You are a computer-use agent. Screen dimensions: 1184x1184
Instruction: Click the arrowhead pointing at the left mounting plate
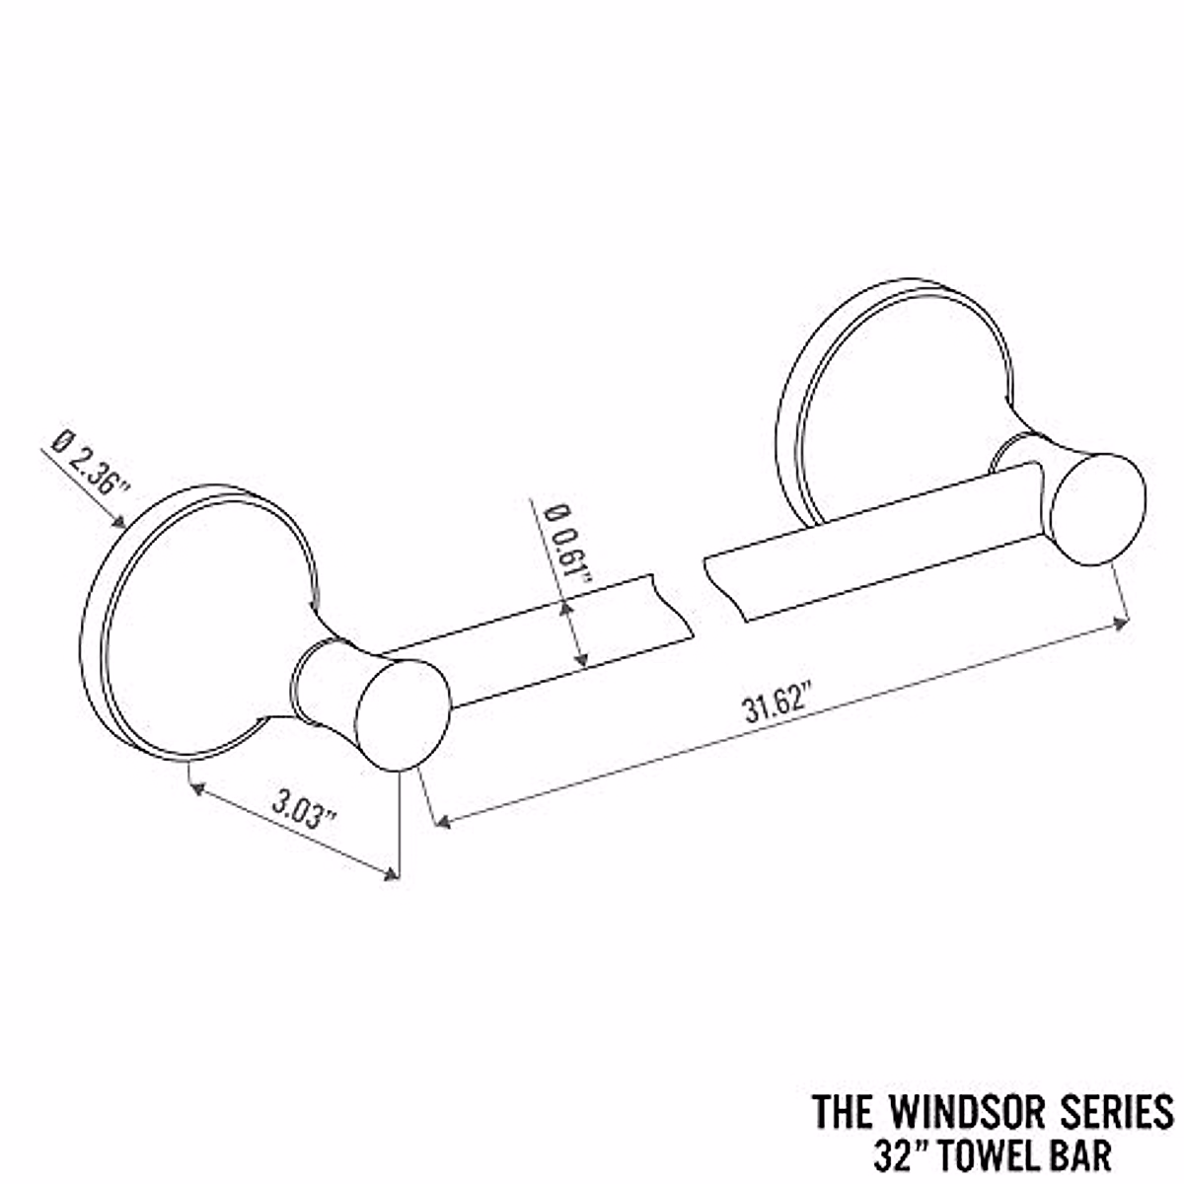(x=119, y=521)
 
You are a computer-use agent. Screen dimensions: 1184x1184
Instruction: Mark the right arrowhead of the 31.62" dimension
(x=1122, y=622)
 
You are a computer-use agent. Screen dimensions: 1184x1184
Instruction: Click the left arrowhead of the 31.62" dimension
(x=443, y=821)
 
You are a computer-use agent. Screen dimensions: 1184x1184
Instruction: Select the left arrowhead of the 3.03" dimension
(x=195, y=787)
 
